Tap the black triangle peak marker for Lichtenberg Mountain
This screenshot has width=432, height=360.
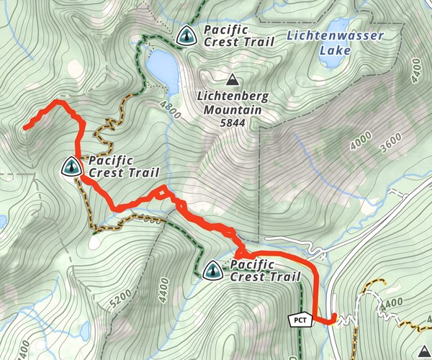tap(232, 80)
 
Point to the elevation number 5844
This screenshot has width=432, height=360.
tap(231, 123)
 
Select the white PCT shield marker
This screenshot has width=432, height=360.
tap(300, 319)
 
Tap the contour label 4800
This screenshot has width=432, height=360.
tap(171, 110)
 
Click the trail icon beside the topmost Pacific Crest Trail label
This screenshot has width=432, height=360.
tap(186, 35)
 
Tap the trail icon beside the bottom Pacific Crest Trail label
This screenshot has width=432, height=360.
tap(212, 271)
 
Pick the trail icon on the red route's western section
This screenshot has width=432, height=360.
tap(71, 167)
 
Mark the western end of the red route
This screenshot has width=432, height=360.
tap(25, 128)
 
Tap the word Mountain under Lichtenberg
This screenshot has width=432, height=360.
tap(232, 110)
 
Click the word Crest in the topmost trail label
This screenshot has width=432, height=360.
tap(220, 42)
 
